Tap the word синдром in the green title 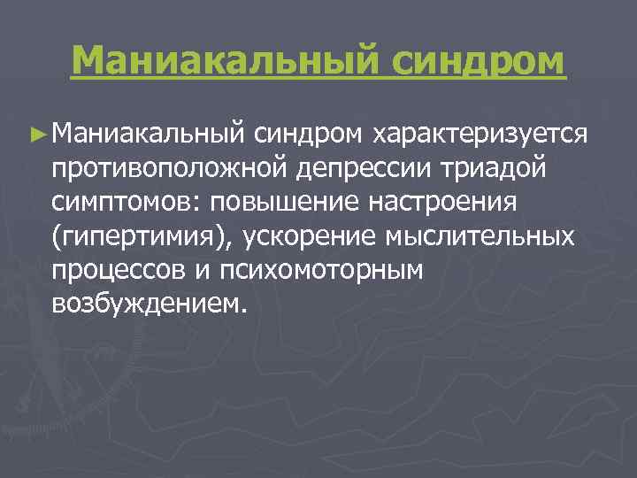[471, 60]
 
